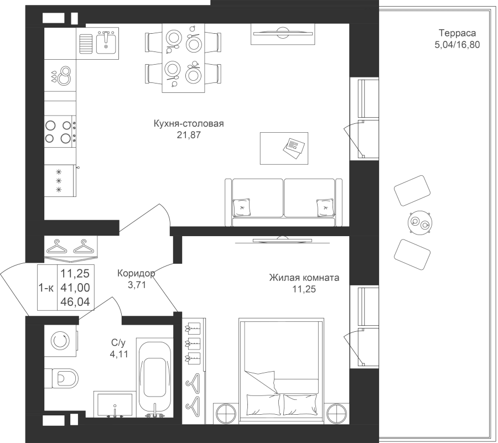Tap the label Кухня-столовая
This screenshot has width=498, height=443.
click(x=189, y=124)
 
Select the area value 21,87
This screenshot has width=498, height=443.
click(x=189, y=134)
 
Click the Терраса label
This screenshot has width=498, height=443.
click(x=457, y=33)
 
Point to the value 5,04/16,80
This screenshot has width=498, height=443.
click(x=457, y=44)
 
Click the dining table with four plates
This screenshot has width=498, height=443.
click(x=183, y=58)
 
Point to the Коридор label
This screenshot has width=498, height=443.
click(x=136, y=273)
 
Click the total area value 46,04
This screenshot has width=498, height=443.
click(x=75, y=302)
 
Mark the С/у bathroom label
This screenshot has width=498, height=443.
click(x=120, y=344)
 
